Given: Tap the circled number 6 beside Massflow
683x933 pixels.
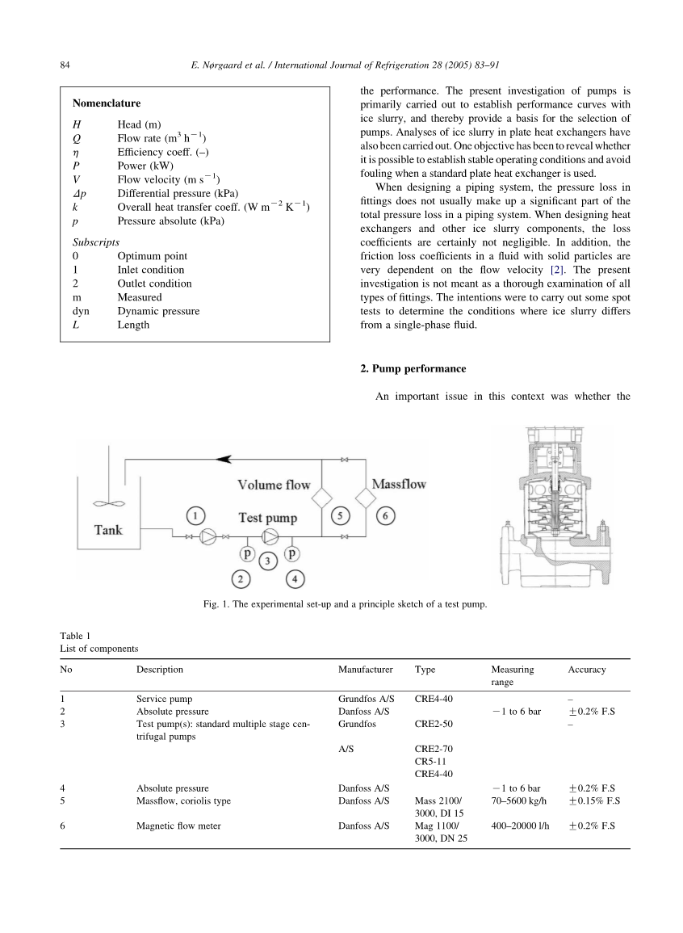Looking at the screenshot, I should click(385, 515).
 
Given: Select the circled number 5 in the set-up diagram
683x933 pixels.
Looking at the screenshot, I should click(341, 515).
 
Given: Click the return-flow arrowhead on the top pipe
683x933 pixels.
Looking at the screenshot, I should click(225, 459).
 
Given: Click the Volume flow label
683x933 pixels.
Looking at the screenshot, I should click(274, 485).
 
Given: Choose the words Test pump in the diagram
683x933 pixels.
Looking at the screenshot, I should click(267, 517).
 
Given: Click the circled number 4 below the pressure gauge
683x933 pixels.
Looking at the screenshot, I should click(296, 578).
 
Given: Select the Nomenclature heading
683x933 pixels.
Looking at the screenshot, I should click(106, 103).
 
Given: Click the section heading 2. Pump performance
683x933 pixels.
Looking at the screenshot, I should click(413, 368).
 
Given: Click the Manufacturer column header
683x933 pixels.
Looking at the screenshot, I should click(365, 670).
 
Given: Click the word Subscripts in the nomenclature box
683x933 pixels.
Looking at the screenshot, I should click(96, 242).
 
